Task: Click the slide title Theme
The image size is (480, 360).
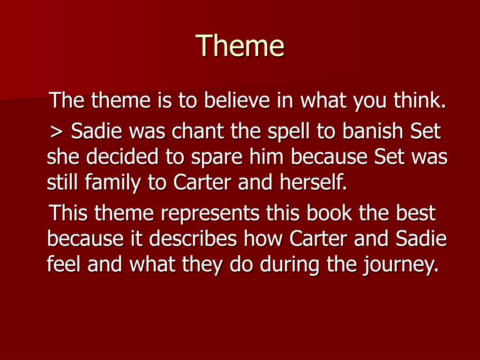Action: [x=240, y=45]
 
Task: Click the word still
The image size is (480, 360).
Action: [x=63, y=182]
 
